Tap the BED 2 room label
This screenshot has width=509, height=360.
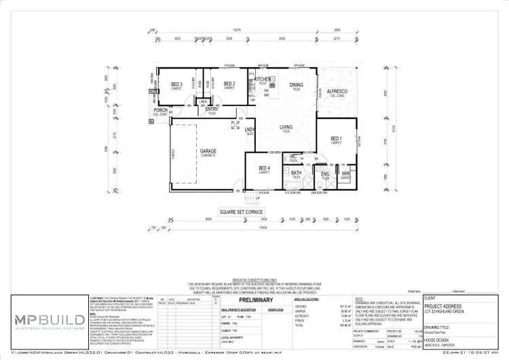coord(229,84)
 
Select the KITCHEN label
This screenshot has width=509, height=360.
coord(263,79)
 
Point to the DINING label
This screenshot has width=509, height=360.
coord(296,85)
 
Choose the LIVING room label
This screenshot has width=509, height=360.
coord(286,127)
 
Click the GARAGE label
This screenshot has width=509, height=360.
coord(208,151)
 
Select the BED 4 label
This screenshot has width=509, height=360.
coord(264,169)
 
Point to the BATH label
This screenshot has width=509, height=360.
coord(296,173)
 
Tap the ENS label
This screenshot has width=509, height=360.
coord(324,173)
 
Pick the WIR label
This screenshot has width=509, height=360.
coord(345,173)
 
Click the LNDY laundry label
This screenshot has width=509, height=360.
coord(250,128)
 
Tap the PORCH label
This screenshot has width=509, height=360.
coord(161,110)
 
